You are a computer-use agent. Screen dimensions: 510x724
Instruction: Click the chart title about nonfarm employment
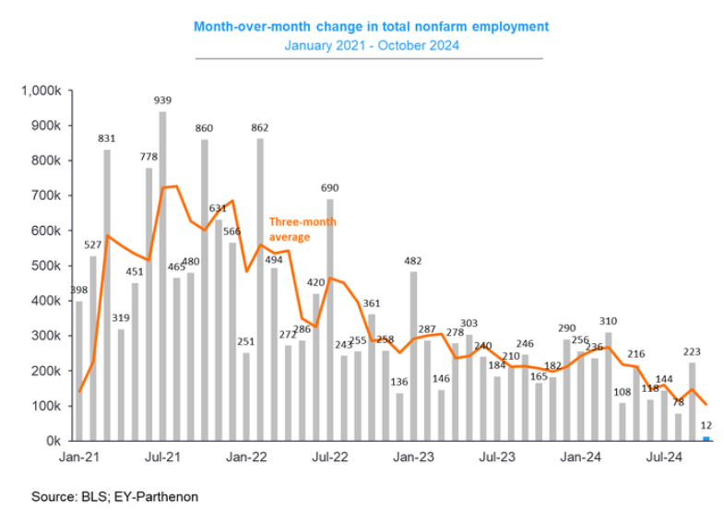point(371,27)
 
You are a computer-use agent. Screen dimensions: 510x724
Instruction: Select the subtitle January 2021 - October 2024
point(371,44)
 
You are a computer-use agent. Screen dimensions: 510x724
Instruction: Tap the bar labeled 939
point(163,277)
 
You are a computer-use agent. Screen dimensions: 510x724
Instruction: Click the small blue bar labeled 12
point(706,439)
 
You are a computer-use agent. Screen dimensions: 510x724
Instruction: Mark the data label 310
point(609,322)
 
